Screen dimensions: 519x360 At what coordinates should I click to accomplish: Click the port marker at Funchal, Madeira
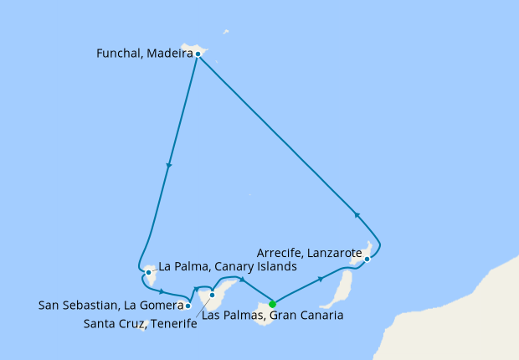pos(198,54)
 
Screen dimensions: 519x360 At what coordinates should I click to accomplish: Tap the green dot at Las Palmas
pos(272,304)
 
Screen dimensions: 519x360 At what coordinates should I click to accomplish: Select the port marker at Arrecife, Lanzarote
pos(367,260)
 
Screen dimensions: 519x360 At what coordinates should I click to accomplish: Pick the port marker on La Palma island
pos(148,272)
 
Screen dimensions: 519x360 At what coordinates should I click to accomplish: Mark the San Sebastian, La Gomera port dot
pos(188,306)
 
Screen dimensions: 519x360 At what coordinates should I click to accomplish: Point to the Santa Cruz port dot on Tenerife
pos(213,295)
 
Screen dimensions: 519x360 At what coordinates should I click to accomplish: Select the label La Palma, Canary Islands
pos(228,267)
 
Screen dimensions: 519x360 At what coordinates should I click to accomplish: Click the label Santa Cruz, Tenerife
pos(141,324)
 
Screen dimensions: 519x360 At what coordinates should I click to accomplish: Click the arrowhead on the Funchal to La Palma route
pos(169,165)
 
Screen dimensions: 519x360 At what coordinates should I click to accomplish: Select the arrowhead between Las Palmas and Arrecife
pos(321,278)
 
